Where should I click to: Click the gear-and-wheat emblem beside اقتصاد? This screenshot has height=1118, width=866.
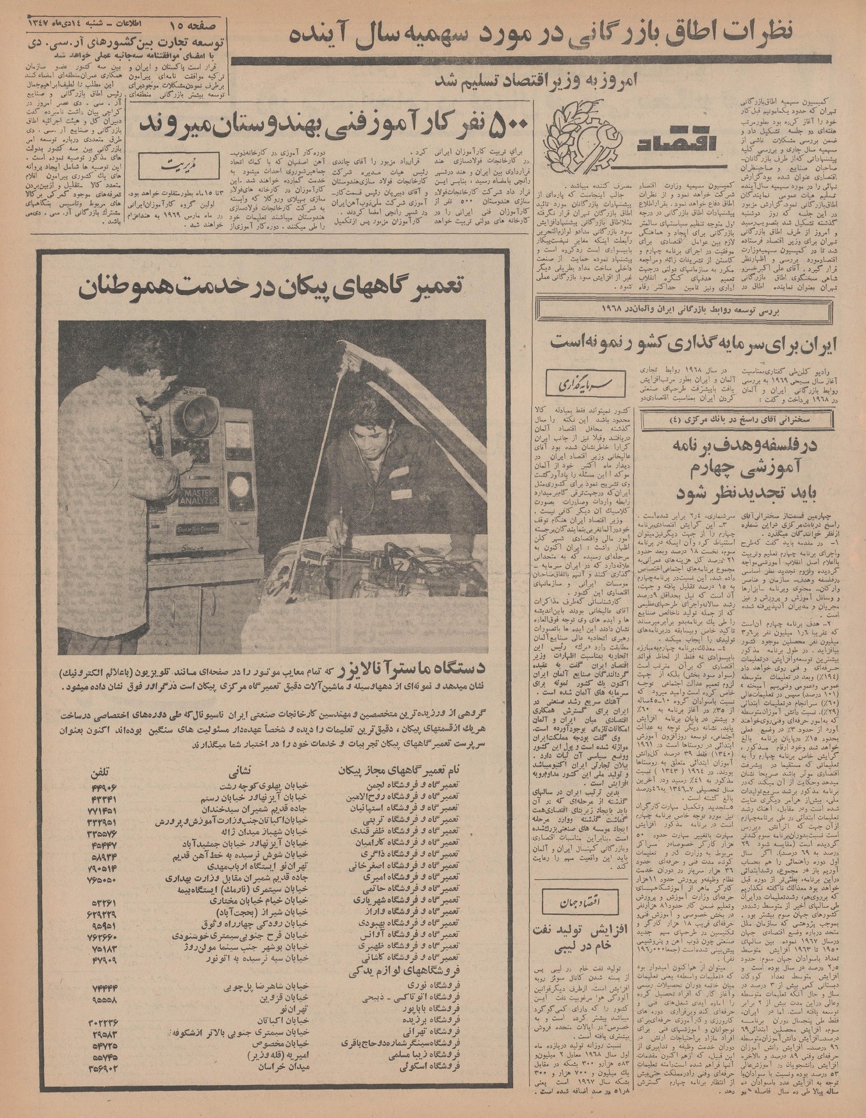tap(580, 136)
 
